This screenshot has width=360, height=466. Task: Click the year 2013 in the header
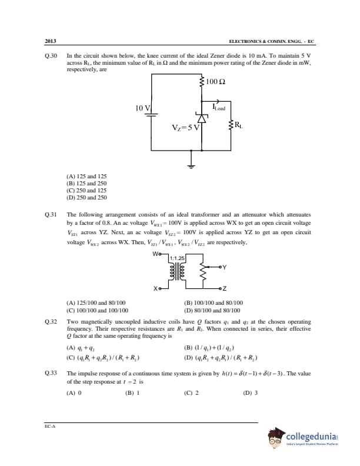tap(50, 42)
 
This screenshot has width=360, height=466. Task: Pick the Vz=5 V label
tap(185, 128)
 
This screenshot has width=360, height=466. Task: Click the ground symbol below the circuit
tap(191, 164)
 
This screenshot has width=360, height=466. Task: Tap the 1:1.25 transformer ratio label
tap(176, 258)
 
